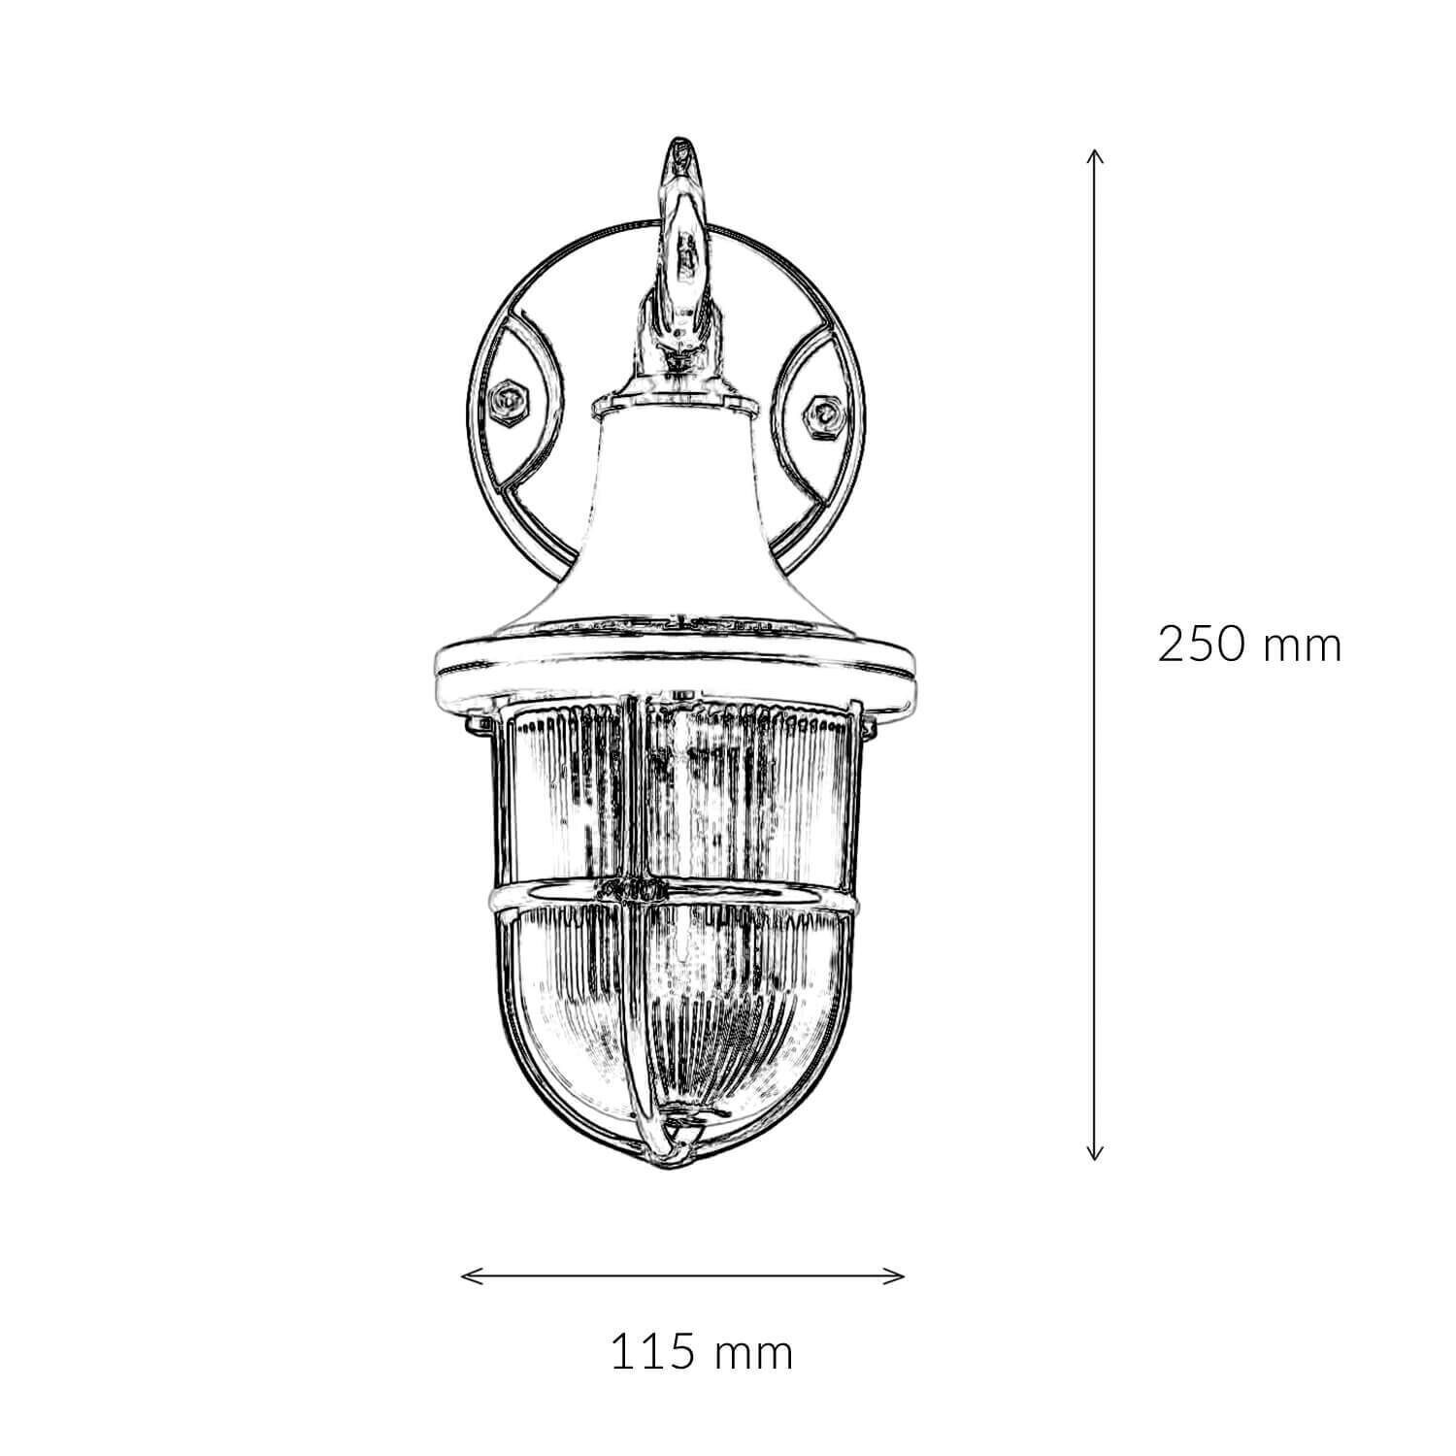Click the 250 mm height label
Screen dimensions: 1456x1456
click(x=1249, y=645)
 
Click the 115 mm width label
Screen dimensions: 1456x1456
click(x=701, y=1352)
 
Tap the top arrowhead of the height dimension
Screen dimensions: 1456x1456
click(x=1094, y=153)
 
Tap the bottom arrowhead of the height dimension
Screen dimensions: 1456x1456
click(x=1094, y=1156)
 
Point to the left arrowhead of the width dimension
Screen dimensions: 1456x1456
click(x=464, y=1274)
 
